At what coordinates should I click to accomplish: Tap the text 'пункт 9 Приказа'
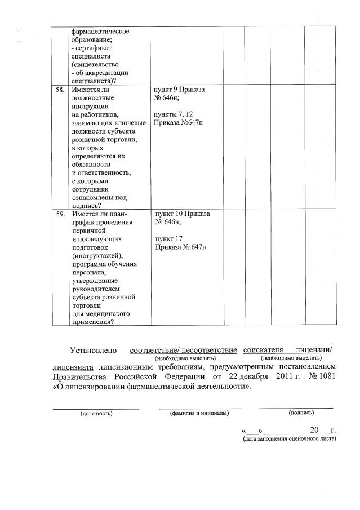[x=179, y=90]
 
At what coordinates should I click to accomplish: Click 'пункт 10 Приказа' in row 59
[x=182, y=215]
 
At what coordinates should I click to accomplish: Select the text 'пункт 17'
[x=169, y=239]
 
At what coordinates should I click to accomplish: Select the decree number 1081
[x=327, y=376]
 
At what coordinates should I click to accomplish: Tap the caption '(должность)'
[x=96, y=413]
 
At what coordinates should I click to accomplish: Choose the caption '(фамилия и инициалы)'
[x=199, y=413]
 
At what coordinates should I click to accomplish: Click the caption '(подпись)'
[x=297, y=413]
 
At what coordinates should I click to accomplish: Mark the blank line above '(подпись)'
[x=296, y=406]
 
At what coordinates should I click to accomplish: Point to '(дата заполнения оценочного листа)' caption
[x=289, y=438]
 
